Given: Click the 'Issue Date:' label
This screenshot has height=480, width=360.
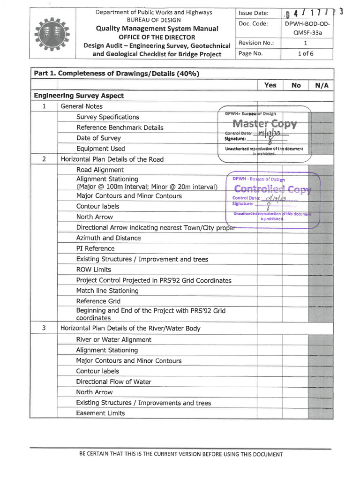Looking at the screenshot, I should (x=253, y=13).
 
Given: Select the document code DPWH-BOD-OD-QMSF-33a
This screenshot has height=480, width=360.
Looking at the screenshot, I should (x=307, y=28).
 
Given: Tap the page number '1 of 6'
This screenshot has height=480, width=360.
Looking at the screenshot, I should (x=306, y=53).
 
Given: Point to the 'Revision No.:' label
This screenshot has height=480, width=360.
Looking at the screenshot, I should (x=256, y=43).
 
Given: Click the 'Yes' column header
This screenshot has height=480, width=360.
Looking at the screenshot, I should (x=270, y=85).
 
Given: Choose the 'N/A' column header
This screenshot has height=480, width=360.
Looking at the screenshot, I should (x=321, y=85).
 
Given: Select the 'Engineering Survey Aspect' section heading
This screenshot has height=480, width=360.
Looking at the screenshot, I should (x=79, y=96).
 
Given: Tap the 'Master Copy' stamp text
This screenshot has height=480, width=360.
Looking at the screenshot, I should (x=264, y=124).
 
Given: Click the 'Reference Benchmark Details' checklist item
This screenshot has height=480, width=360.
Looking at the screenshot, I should (x=120, y=127).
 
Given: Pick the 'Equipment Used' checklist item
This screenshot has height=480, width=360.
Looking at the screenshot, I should (x=101, y=149).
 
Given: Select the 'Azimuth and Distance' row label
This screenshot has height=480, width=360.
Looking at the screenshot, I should (x=108, y=238).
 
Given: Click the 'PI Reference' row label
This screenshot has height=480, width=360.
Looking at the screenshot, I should (x=95, y=248).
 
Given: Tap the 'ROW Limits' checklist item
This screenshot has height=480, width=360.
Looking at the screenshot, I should (x=94, y=270).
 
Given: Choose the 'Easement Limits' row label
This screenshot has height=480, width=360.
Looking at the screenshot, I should (x=100, y=413).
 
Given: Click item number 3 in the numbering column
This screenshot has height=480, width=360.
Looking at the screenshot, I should (x=44, y=328).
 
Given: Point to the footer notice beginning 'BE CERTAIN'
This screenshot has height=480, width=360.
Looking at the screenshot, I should (x=181, y=454).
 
